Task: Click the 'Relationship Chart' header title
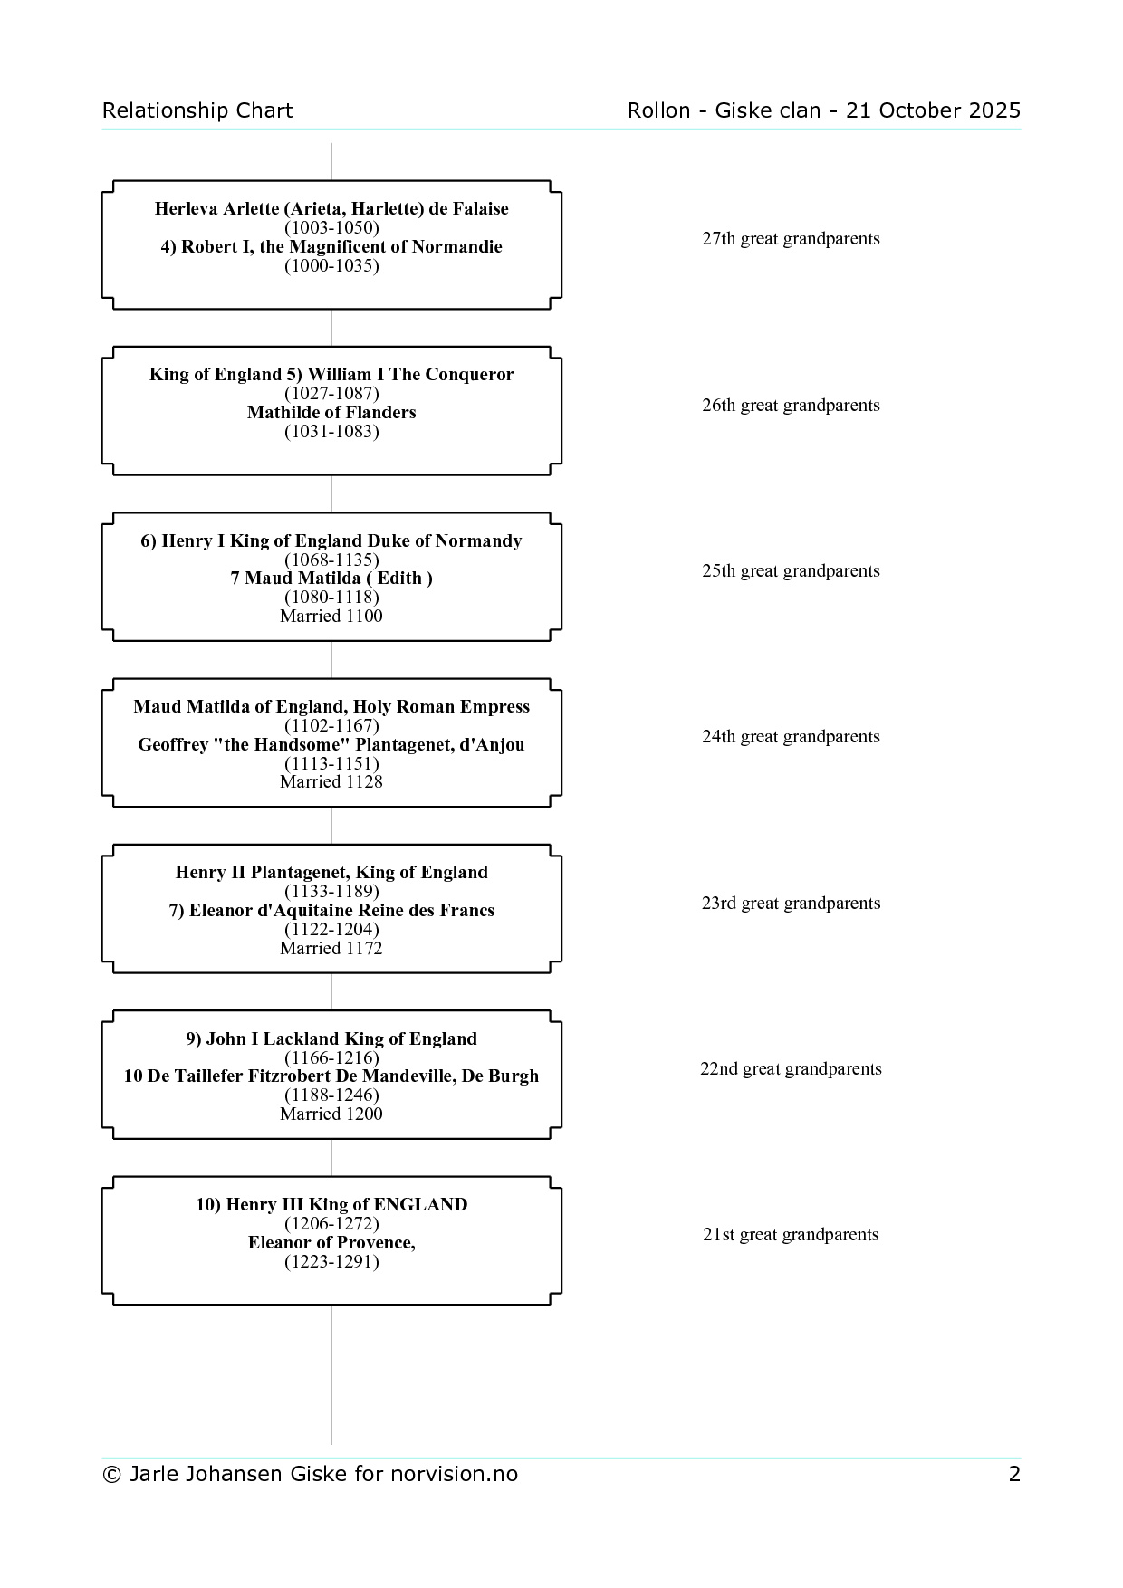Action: click(x=197, y=110)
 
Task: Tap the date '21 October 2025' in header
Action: click(x=933, y=110)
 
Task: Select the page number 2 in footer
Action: click(x=1014, y=1474)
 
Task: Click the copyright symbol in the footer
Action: click(x=111, y=1475)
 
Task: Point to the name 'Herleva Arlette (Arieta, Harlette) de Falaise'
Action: click(x=331, y=208)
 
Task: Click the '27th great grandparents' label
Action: click(x=791, y=239)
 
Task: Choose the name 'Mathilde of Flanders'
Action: click(x=331, y=412)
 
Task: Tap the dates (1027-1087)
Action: click(x=331, y=393)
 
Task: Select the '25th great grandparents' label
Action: click(x=791, y=571)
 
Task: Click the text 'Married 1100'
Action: click(x=331, y=616)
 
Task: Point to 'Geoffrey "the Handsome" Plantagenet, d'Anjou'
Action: click(x=331, y=744)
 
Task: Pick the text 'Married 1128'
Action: click(x=331, y=781)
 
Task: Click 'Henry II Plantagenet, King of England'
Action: click(x=331, y=872)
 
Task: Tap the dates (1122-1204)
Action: click(x=331, y=929)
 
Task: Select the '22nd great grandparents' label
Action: click(x=791, y=1069)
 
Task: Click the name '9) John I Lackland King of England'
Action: click(x=331, y=1038)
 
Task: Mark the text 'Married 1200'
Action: click(x=331, y=1114)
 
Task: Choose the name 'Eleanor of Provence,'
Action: click(x=331, y=1242)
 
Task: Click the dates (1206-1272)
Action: click(x=331, y=1223)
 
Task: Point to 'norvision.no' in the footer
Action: click(x=454, y=1474)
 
